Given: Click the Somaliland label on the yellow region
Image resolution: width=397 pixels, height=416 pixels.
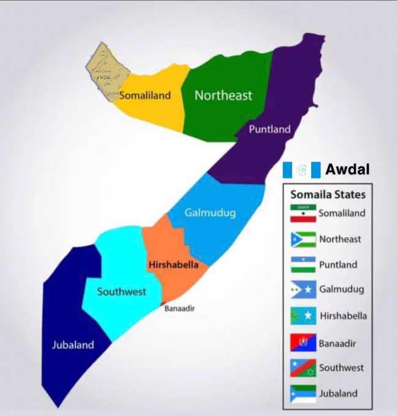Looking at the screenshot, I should point(145,95).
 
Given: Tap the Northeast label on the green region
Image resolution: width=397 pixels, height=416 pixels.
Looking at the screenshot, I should point(223,95).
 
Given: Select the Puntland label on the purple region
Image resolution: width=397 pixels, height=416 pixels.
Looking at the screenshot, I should point(270,129).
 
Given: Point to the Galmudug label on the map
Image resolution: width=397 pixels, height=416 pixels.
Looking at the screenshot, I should point(210,213).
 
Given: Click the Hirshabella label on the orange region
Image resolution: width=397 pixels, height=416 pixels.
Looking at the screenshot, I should point(173,265).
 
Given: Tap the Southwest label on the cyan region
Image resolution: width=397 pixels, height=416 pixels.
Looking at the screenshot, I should point(121,291).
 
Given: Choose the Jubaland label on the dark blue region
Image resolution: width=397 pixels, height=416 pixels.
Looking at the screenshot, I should point(72,344).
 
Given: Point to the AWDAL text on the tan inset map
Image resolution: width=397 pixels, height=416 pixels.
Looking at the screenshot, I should point(104,78).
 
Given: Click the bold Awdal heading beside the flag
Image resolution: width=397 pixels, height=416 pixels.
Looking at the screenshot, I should point(347,169).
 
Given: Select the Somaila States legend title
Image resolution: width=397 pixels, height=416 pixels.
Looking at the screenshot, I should point(328,195).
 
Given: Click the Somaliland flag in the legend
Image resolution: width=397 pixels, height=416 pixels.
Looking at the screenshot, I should point(303,213).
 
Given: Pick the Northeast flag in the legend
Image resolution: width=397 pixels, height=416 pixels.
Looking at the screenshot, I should point(303,239).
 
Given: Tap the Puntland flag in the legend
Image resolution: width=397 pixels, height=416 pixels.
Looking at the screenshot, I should point(303,265).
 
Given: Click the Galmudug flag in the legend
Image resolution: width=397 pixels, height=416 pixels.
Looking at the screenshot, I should point(303,289).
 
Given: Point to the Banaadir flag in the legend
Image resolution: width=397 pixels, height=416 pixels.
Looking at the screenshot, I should point(303,342).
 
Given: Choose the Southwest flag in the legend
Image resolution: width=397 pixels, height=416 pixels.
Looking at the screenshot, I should point(303,368).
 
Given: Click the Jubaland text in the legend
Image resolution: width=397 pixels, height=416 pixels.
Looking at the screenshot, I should point(338,393).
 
